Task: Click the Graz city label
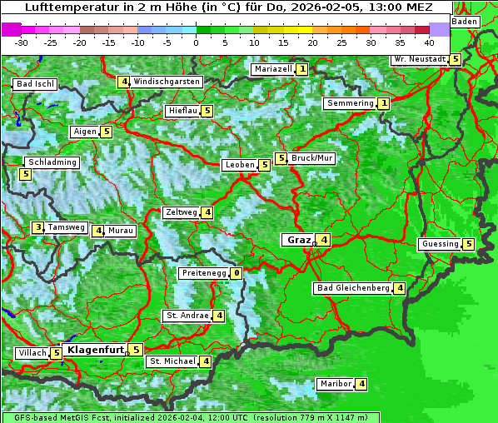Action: click(x=297, y=240)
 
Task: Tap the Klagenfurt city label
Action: click(x=95, y=350)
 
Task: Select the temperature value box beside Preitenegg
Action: click(x=237, y=273)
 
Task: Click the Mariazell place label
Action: click(x=272, y=69)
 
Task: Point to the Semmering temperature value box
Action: click(x=383, y=103)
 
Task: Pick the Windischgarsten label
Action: click(x=167, y=82)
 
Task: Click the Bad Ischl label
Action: click(x=35, y=84)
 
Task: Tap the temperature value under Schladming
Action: click(x=25, y=174)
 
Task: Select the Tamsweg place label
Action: click(x=66, y=227)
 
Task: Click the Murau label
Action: click(x=121, y=231)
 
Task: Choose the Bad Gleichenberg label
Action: click(x=353, y=288)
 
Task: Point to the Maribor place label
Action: click(x=335, y=384)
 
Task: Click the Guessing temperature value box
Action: click(x=468, y=244)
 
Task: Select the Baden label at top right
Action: click(x=466, y=21)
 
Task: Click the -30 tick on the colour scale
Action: click(x=22, y=42)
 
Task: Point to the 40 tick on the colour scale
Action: click(x=429, y=42)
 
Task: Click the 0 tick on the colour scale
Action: click(x=196, y=42)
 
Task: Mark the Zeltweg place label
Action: click(x=181, y=212)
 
